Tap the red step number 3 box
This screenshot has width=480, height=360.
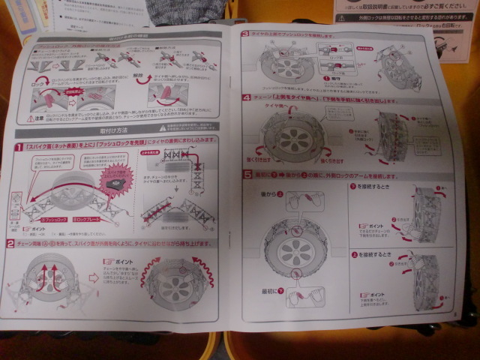[245, 34]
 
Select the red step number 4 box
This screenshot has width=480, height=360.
[246, 97]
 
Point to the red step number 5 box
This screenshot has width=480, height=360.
[247, 175]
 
